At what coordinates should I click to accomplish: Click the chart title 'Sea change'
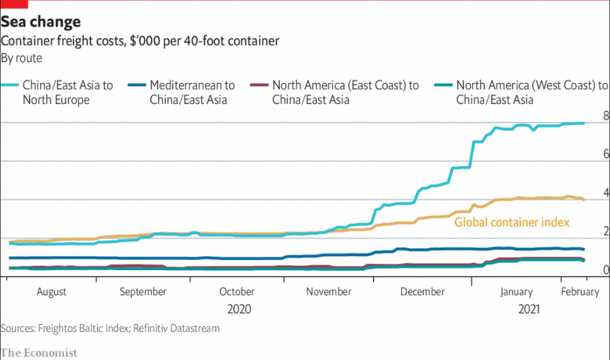click(x=41, y=23)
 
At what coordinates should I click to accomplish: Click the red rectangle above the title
click(x=14, y=4)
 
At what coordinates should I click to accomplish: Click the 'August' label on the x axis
click(x=52, y=292)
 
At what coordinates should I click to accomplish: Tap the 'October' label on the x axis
click(x=236, y=292)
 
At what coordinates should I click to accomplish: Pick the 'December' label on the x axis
click(x=422, y=292)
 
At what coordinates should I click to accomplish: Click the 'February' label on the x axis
click(x=580, y=292)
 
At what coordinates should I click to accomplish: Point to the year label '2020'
click(x=239, y=309)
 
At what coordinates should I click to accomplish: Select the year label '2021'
click(x=529, y=309)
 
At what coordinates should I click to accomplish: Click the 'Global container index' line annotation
click(x=512, y=222)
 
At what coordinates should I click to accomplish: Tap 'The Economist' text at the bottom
click(x=39, y=352)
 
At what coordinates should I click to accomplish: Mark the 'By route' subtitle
click(x=21, y=58)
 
